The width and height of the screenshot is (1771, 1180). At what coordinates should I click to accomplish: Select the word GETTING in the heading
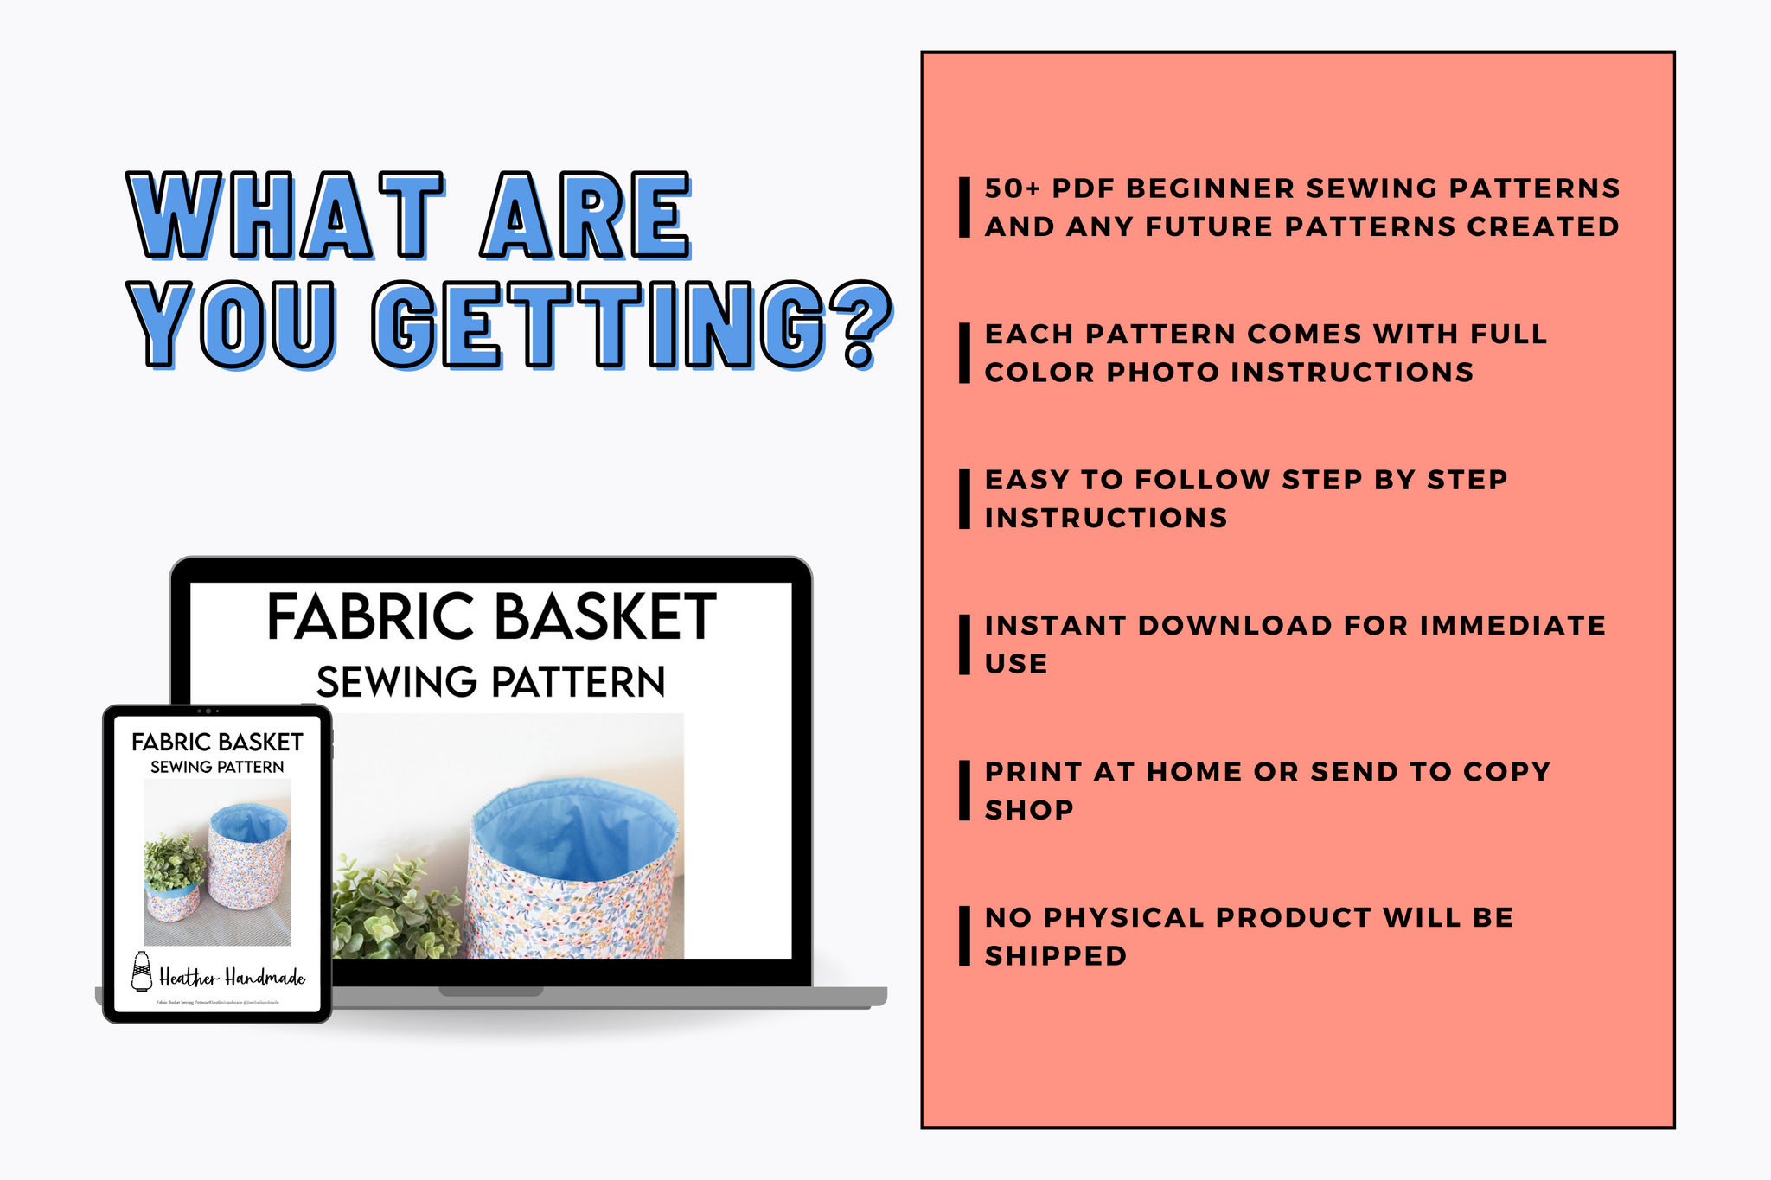[597, 323]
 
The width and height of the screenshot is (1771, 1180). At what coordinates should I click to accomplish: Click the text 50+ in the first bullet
[1013, 188]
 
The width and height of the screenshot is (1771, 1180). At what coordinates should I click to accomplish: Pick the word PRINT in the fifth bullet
[1033, 772]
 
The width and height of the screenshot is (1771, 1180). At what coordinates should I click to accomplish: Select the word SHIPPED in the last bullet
[1056, 956]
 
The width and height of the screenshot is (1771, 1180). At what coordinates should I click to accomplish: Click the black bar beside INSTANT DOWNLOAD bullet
[964, 645]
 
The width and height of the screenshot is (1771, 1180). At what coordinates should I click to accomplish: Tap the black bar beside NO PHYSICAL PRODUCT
[964, 936]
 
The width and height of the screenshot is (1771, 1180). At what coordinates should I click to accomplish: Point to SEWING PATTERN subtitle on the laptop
[490, 682]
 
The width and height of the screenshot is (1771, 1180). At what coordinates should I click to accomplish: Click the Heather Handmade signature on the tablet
[232, 978]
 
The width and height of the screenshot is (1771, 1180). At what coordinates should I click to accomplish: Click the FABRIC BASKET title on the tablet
[217, 742]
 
